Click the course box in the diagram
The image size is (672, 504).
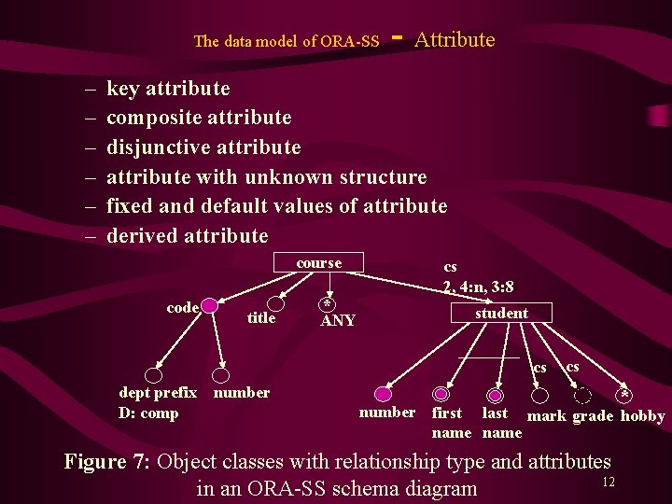click(318, 263)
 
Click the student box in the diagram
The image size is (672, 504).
click(501, 313)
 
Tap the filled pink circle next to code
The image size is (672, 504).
click(210, 306)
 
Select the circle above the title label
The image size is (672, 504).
click(275, 303)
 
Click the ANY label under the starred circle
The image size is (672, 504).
click(338, 321)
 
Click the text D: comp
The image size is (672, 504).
click(148, 413)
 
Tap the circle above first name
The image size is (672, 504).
click(441, 395)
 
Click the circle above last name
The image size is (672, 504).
click(496, 395)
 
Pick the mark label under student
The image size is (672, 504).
click(547, 416)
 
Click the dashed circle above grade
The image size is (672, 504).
click(583, 395)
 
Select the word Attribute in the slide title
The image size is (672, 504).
click(455, 39)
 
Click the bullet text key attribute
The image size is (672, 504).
click(168, 89)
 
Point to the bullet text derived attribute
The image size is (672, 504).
click(187, 235)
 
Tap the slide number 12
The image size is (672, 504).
click(608, 482)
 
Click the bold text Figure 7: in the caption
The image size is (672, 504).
click(108, 461)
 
